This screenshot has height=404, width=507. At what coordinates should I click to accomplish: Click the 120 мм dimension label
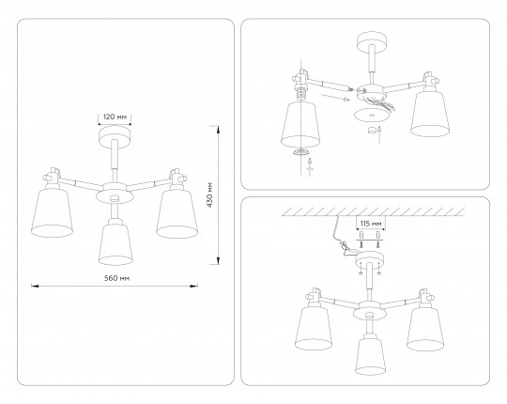pos(115,117)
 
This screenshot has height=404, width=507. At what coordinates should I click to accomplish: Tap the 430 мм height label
pos(210,195)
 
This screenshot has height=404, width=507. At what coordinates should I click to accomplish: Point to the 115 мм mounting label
pos(371,224)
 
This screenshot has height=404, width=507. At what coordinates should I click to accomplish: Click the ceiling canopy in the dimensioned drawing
pos(115,138)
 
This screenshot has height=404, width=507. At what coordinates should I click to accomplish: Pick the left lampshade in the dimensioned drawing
pos(52,213)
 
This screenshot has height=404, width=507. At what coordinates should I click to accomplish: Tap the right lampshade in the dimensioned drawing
pos(177,213)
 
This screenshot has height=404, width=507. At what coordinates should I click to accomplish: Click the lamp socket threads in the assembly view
pos(301,93)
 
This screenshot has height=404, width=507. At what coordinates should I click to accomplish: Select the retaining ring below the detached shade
pos(301,152)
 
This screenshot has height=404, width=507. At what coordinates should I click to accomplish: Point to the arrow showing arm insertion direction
pos(335,98)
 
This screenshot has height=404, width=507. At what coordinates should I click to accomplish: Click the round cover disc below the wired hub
pos(371,116)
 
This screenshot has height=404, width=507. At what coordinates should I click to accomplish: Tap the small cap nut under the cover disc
pos(372,130)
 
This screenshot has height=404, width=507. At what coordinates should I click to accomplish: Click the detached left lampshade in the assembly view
pos(300,124)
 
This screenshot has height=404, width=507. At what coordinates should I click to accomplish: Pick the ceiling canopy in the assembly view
pos(372,41)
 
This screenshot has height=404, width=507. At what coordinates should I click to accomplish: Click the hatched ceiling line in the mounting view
pos(373,212)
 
